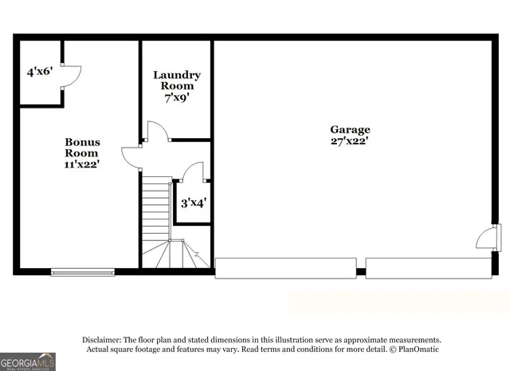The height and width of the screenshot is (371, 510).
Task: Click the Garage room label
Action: point(351,129)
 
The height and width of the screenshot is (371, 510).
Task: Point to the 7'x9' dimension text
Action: point(176,97)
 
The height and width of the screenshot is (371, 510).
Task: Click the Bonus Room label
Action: point(82,147)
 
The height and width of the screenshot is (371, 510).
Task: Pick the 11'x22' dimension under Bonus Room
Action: point(82,165)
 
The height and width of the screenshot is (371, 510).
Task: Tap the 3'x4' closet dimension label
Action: point(193,203)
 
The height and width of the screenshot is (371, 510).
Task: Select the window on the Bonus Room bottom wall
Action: point(83,272)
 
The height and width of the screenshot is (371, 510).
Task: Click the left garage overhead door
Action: point(285,267)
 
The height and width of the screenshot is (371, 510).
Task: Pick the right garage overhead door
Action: point(428,267)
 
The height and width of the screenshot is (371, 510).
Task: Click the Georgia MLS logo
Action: point(28,361)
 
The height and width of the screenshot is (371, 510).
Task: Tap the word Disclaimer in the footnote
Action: point(107,339)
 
